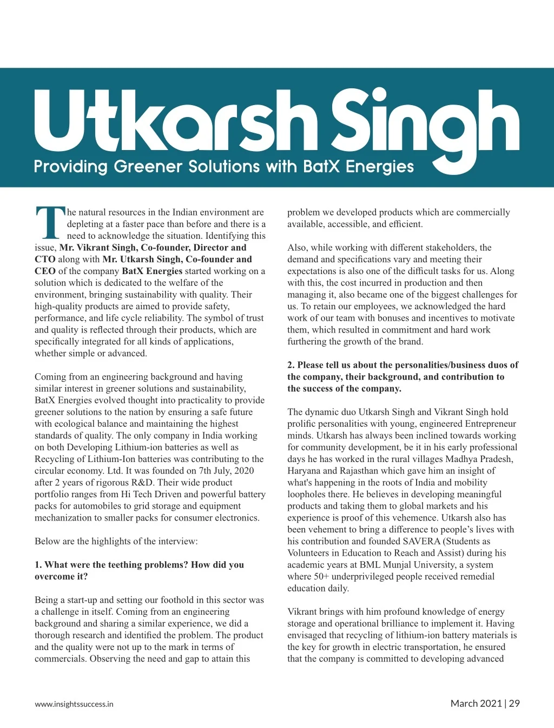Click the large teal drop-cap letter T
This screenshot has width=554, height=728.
[50, 223]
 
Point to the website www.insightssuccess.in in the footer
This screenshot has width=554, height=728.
[74, 704]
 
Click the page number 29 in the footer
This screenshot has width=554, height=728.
[514, 704]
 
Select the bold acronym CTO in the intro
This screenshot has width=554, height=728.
[45, 259]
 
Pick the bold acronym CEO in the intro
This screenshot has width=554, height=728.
[45, 271]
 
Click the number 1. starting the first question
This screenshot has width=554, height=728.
[38, 565]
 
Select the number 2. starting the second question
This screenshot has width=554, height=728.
[291, 365]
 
